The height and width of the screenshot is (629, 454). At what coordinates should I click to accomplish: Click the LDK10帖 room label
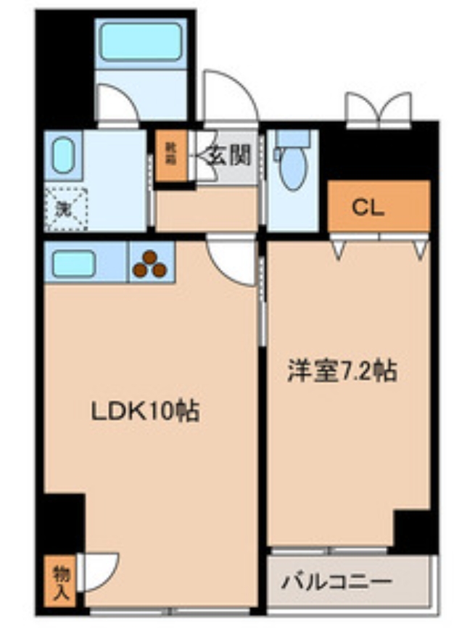(x=144, y=412)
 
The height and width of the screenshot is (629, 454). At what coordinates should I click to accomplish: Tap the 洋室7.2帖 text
(x=341, y=371)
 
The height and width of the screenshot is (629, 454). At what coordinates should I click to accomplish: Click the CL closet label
(x=368, y=207)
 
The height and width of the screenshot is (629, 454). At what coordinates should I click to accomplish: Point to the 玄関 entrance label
(x=229, y=155)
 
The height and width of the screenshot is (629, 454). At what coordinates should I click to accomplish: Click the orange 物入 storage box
(x=62, y=580)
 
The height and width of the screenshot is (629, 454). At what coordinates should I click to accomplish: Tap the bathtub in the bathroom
(x=140, y=41)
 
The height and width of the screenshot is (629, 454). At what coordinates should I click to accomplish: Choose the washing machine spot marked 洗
(x=65, y=208)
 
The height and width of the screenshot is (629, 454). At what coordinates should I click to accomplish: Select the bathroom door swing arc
(x=117, y=105)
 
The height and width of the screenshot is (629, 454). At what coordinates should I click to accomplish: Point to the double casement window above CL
(x=378, y=110)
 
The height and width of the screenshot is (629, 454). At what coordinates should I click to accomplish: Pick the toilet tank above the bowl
(x=292, y=138)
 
